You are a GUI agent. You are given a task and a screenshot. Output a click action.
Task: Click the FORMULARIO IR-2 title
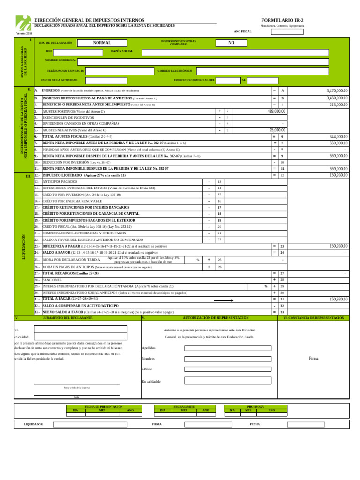282,20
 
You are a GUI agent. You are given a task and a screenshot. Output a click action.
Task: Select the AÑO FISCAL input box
287,32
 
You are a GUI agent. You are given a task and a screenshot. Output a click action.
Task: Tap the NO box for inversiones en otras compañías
231,43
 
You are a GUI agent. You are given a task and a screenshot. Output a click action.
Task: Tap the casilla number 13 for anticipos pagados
219,181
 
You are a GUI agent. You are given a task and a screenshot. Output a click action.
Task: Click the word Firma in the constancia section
314,358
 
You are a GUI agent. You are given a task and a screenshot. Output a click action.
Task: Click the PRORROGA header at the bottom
255,406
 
